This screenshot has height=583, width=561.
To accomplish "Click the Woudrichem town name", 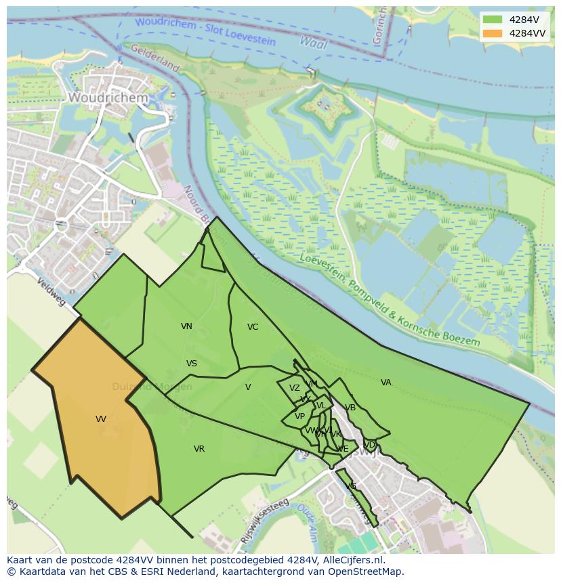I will click(x=108, y=98).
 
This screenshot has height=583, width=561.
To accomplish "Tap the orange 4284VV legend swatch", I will click(x=493, y=33).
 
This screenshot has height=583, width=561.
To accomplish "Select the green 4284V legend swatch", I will click(x=493, y=20).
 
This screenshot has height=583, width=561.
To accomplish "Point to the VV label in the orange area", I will click(x=101, y=419).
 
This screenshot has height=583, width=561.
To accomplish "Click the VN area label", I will click(x=186, y=326).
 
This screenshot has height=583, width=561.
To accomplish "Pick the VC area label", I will click(x=253, y=327).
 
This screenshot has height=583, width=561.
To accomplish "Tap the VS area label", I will click(x=192, y=364).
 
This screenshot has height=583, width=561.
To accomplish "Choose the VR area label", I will click(x=199, y=449).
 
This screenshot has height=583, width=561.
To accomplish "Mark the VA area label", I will click(x=386, y=383).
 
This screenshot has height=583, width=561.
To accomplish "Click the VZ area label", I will click(x=294, y=388).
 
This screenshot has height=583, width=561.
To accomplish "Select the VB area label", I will click(x=350, y=408).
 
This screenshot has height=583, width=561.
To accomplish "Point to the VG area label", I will click(x=351, y=486).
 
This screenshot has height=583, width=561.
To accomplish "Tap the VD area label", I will click(x=370, y=445).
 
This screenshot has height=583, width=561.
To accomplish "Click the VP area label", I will click(x=299, y=416).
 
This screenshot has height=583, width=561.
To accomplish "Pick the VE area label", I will click(x=344, y=449).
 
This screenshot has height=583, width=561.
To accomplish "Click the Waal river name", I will click(x=313, y=43).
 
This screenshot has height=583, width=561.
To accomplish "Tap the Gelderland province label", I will click(x=154, y=58).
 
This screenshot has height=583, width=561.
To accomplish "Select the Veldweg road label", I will click(x=51, y=292).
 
